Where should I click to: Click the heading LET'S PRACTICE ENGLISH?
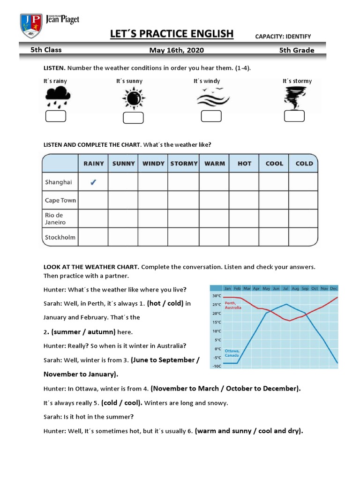click(171, 34)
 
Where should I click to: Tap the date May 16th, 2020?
click(176, 50)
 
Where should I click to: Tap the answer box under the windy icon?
click(211, 116)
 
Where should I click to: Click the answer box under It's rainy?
click(55, 116)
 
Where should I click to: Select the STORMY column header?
click(184, 164)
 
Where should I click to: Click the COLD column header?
click(304, 164)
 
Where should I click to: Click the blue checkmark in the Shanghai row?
click(93, 182)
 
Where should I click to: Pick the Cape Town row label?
click(60, 200)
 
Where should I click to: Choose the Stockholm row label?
click(60, 237)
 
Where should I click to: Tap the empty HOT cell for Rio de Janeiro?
click(244, 218)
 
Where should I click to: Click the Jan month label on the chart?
click(228, 288)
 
